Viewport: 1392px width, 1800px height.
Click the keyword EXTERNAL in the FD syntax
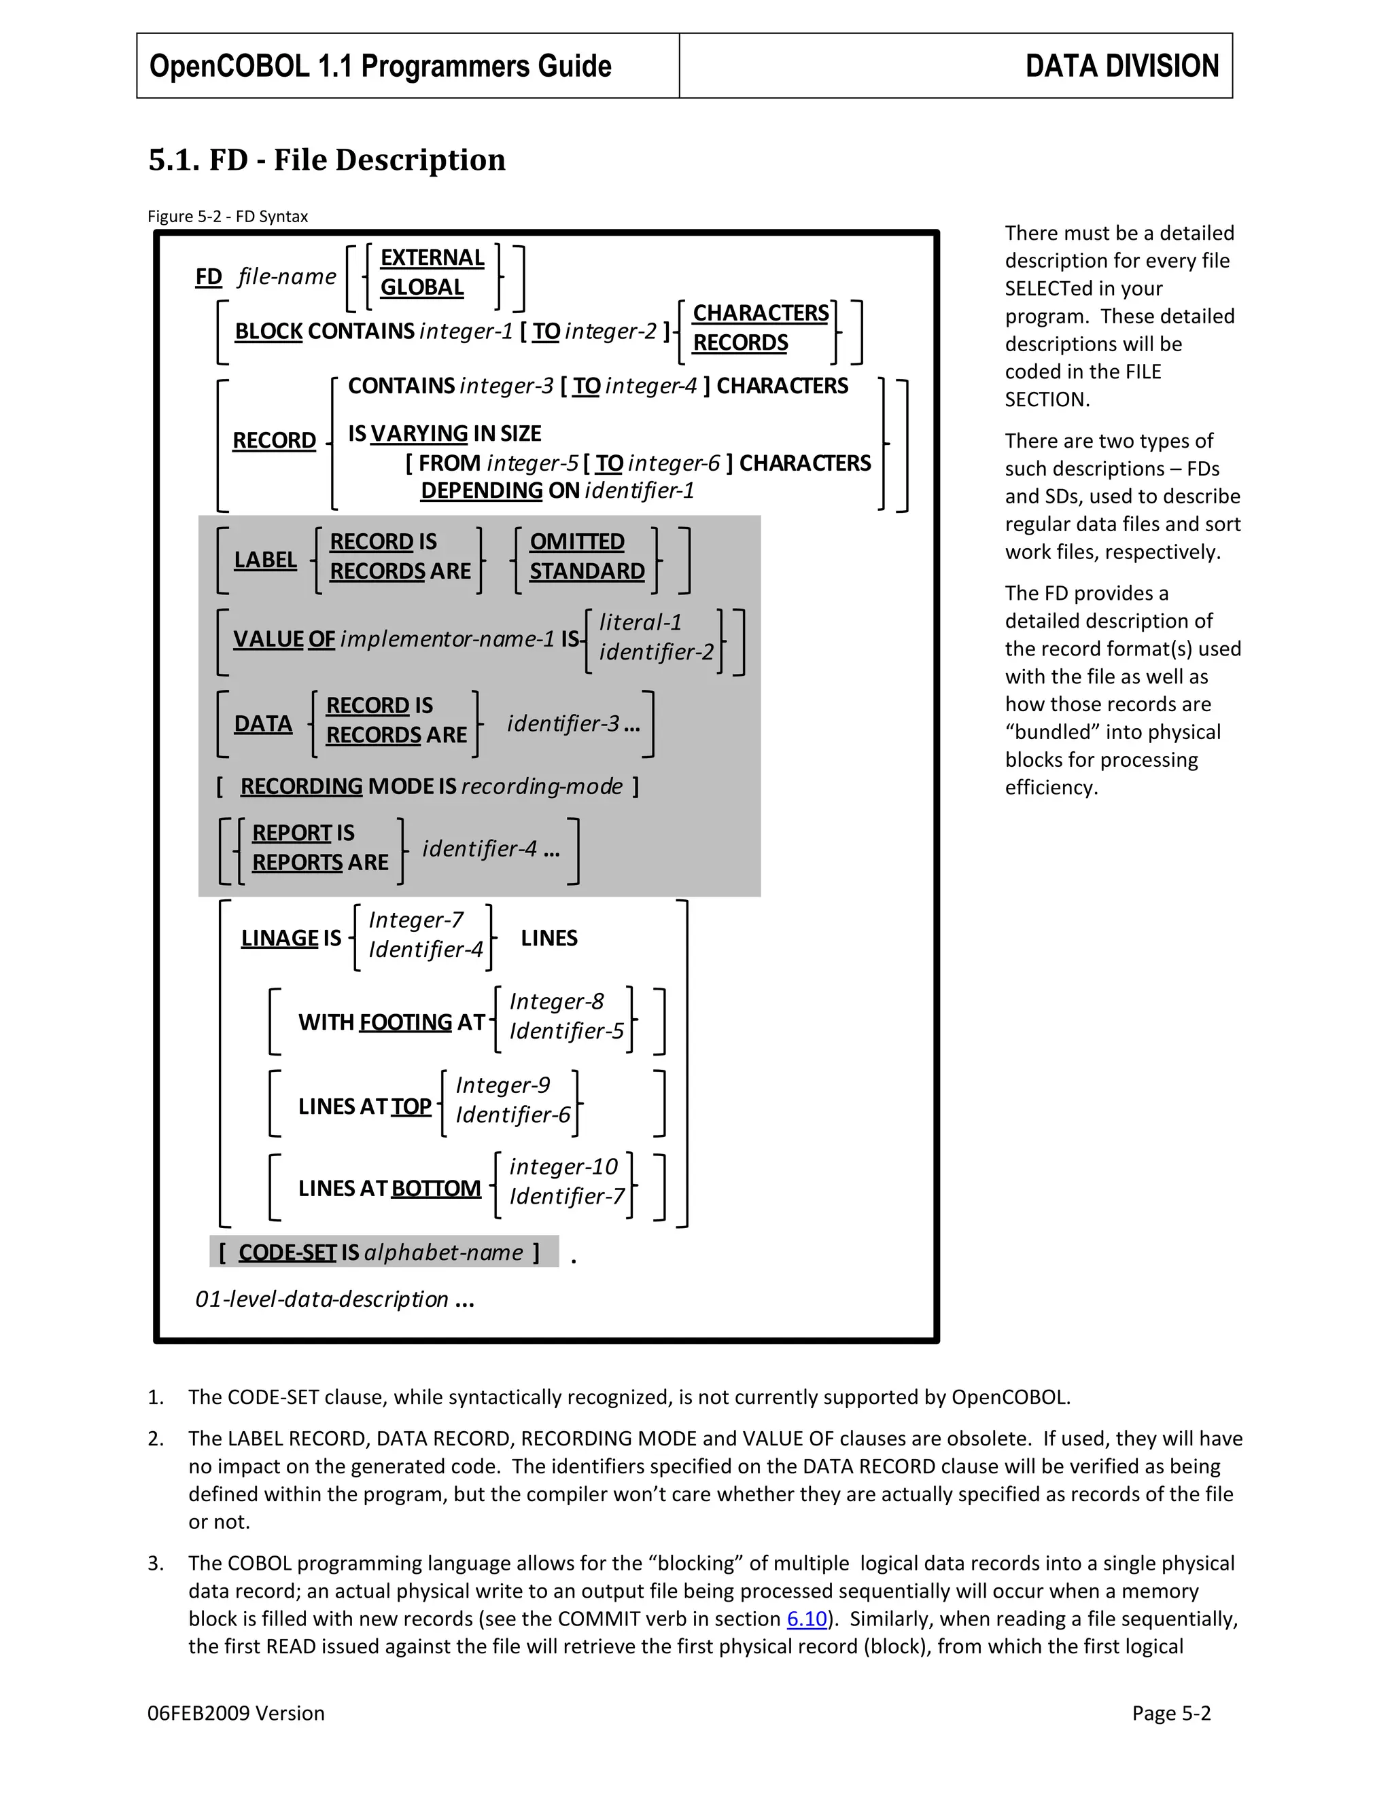(x=432, y=258)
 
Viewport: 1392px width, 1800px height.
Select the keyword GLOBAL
(x=421, y=287)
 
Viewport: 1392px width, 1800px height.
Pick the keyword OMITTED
(x=576, y=541)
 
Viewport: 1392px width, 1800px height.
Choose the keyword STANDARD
(x=587, y=571)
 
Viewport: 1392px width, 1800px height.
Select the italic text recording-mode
(x=542, y=787)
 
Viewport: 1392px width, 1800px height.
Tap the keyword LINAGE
(x=279, y=939)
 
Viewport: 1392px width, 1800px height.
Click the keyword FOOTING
(x=405, y=1023)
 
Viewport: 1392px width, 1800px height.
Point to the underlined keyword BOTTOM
(x=436, y=1189)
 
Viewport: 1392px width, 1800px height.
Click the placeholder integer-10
(x=563, y=1167)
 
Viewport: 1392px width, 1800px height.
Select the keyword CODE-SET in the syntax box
(x=287, y=1253)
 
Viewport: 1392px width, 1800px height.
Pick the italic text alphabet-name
(x=443, y=1253)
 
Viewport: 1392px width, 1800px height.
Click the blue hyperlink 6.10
(x=807, y=1619)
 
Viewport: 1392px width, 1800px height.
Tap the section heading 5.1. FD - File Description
(x=326, y=160)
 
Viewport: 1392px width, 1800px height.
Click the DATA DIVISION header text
(x=1121, y=66)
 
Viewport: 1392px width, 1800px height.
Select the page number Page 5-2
(x=1170, y=1714)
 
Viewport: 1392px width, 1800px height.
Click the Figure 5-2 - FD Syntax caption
(x=228, y=217)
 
